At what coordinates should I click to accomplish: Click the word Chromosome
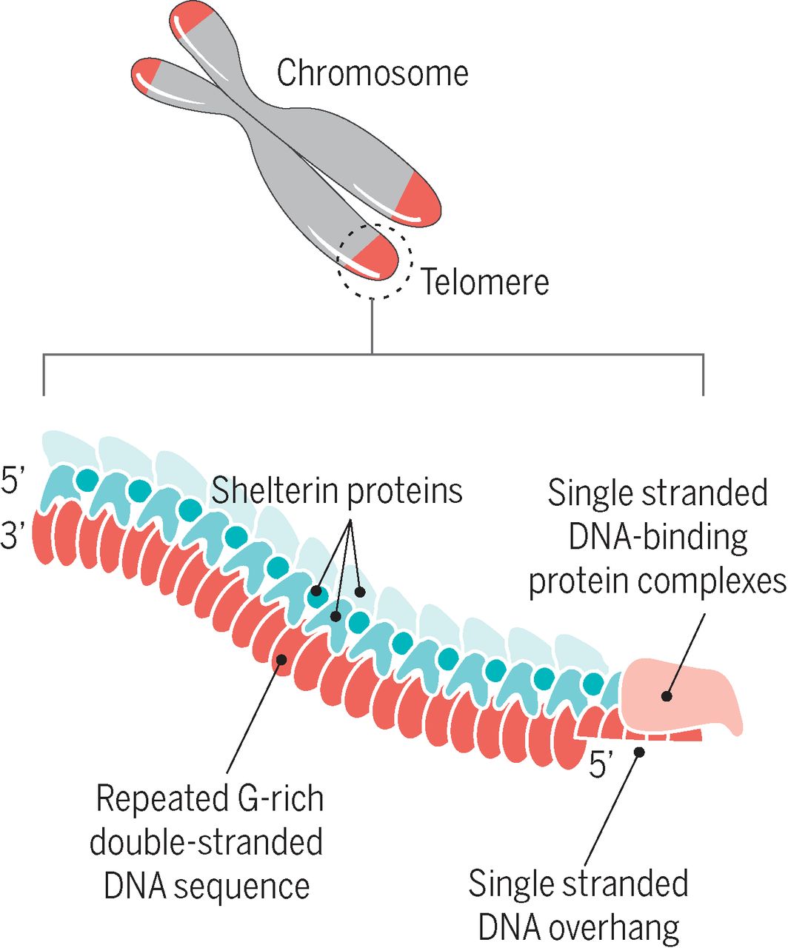point(372,73)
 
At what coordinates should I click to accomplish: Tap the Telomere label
point(485,282)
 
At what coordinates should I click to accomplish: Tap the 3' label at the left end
point(14,535)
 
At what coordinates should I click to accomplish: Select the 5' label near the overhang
point(602,764)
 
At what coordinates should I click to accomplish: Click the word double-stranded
point(206,843)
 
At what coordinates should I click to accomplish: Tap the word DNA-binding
point(658,537)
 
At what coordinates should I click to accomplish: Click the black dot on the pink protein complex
point(667,696)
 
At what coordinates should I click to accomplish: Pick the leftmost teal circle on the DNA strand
point(87,478)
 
